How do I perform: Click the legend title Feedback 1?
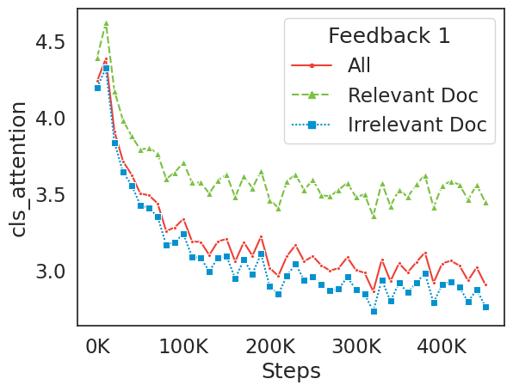coord(389,36)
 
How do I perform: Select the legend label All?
coord(361,65)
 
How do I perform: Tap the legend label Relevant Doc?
coord(412,95)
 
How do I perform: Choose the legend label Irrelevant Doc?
coord(417,124)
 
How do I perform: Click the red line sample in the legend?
coord(312,65)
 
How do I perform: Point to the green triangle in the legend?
coord(312,95)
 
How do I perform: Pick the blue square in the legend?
coord(312,124)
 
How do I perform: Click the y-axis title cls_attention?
coord(18,169)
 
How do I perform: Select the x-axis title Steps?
coord(291,370)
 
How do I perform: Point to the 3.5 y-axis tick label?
coord(50,195)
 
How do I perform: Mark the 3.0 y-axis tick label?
coord(50,272)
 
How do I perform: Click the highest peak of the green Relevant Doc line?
coord(106,23)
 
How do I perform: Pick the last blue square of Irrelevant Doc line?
coord(485,307)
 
